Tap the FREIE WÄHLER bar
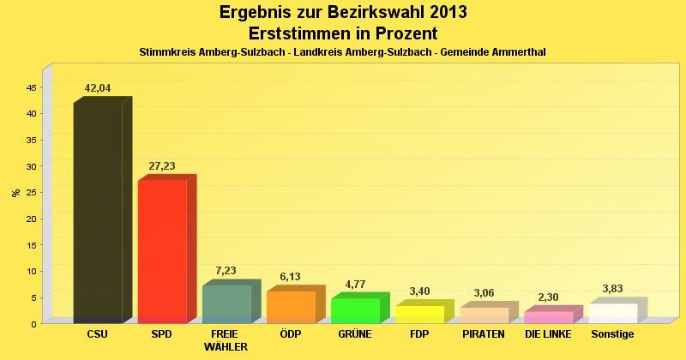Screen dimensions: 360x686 [x=226, y=303]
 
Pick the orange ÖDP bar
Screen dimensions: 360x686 [x=291, y=307]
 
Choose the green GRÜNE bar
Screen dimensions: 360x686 [x=355, y=310]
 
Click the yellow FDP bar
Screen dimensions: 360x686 [x=419, y=314]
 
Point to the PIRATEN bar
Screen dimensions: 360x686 [x=484, y=315]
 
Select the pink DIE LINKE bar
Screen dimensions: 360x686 [x=548, y=316]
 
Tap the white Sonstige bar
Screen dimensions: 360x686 [x=612, y=313]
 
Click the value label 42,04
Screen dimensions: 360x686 [x=98, y=88]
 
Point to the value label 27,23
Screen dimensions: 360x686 [x=162, y=166]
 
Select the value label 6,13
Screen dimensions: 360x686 [x=291, y=277]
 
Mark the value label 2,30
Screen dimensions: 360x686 [x=548, y=297]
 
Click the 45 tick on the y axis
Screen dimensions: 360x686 [x=32, y=87]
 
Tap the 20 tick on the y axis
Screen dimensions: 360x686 [x=32, y=219]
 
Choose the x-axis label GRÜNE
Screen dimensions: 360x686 [x=355, y=333]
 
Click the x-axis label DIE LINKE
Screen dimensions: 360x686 [x=548, y=333]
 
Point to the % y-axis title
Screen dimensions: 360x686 [x=15, y=192]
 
